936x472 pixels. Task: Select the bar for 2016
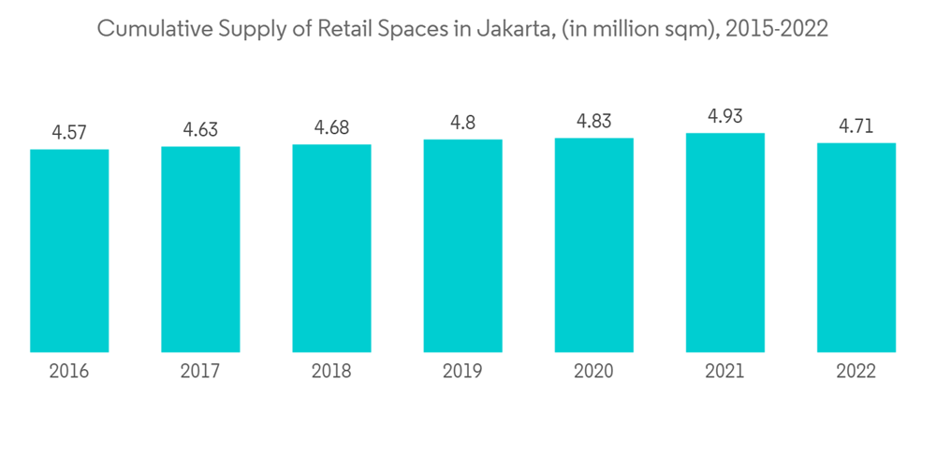[x=69, y=251]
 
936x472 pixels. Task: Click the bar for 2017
[x=200, y=249]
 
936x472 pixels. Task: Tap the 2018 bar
[x=331, y=248]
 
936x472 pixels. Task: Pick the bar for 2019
[x=462, y=245]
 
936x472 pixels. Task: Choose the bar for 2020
[x=593, y=244]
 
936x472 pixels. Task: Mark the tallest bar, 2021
[x=724, y=243]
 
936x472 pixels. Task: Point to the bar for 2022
[x=856, y=247]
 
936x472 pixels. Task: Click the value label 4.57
[x=69, y=133]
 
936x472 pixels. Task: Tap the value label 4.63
[x=200, y=130]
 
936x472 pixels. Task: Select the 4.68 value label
[x=331, y=128]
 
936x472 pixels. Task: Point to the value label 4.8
[x=462, y=123]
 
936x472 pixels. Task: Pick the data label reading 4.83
[x=593, y=122]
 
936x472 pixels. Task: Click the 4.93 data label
[x=724, y=117]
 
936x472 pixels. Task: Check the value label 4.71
[x=856, y=126]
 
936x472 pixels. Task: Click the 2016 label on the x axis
[x=69, y=372]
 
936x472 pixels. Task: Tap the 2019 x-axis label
[x=462, y=372]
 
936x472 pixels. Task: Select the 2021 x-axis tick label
[x=724, y=372]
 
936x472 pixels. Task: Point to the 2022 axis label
[x=856, y=372]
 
